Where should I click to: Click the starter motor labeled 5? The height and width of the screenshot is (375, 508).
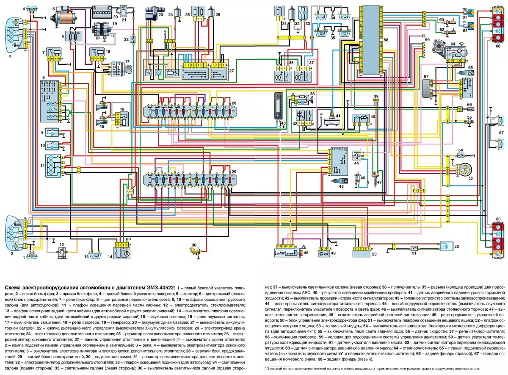(x=65, y=17)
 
